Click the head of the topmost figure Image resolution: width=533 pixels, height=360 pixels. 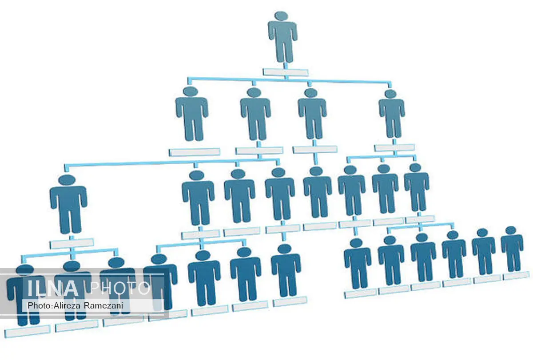(x=282, y=16)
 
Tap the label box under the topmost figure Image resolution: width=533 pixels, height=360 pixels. (x=286, y=72)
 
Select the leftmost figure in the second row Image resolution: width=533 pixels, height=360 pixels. (x=191, y=114)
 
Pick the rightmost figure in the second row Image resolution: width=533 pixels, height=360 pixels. (x=391, y=114)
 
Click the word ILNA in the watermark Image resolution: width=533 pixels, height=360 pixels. (x=53, y=289)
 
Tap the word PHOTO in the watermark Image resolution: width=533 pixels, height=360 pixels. (x=120, y=289)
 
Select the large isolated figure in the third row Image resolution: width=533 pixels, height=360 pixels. (x=68, y=204)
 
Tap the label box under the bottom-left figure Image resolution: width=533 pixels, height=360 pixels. (x=28, y=331)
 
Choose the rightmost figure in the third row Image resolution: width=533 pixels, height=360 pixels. (x=417, y=187)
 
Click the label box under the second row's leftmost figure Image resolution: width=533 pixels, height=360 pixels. (x=195, y=152)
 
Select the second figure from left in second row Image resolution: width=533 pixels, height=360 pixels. (x=255, y=114)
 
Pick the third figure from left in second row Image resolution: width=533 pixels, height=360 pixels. (x=312, y=114)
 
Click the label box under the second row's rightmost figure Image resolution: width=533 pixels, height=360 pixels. (x=394, y=148)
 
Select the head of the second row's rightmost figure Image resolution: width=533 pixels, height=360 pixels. (x=390, y=94)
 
